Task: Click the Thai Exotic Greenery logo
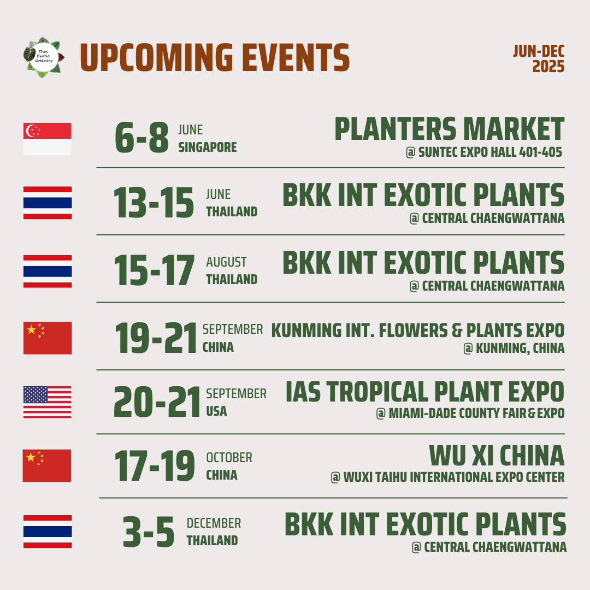[44, 57]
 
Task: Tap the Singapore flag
[48, 139]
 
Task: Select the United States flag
[48, 402]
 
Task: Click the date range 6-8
[142, 137]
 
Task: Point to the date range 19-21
[156, 338]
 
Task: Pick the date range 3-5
[149, 532]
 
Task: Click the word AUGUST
[226, 262]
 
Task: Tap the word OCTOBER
[229, 458]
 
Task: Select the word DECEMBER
[214, 523]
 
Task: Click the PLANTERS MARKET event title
[449, 129]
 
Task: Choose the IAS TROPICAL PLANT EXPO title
[425, 391]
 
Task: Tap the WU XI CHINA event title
[497, 456]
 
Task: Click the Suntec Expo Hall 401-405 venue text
[484, 152]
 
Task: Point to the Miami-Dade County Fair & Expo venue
[470, 413]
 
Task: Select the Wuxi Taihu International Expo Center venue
[447, 477]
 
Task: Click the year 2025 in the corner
[548, 67]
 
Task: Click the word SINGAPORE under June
[208, 147]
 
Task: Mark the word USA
[216, 411]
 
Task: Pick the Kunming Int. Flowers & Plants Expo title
[418, 331]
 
